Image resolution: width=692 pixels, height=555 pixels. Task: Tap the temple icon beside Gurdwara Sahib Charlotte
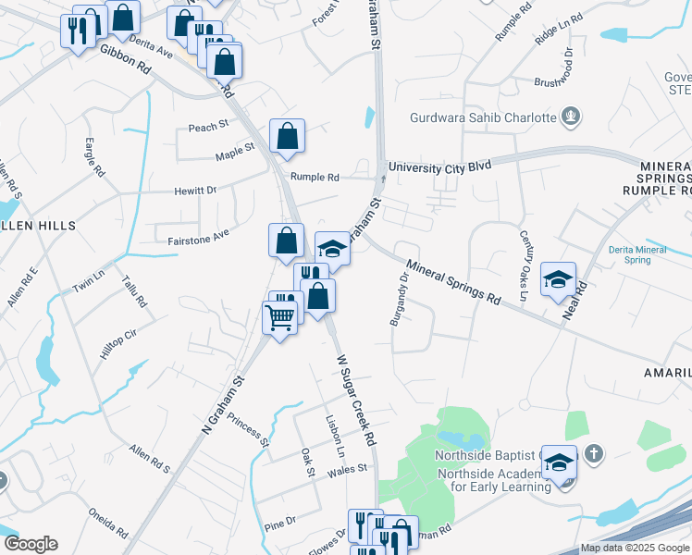tap(573, 117)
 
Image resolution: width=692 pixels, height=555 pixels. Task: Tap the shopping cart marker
tap(279, 318)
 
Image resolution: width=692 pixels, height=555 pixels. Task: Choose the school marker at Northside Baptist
tap(559, 462)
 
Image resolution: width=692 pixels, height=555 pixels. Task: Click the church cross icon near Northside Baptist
tap(594, 454)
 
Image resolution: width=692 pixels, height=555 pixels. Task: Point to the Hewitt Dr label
tap(195, 191)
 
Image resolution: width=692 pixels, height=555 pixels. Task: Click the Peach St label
tap(208, 127)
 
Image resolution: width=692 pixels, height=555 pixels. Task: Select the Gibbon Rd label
tap(125, 60)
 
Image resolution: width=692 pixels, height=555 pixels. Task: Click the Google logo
tap(31, 544)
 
